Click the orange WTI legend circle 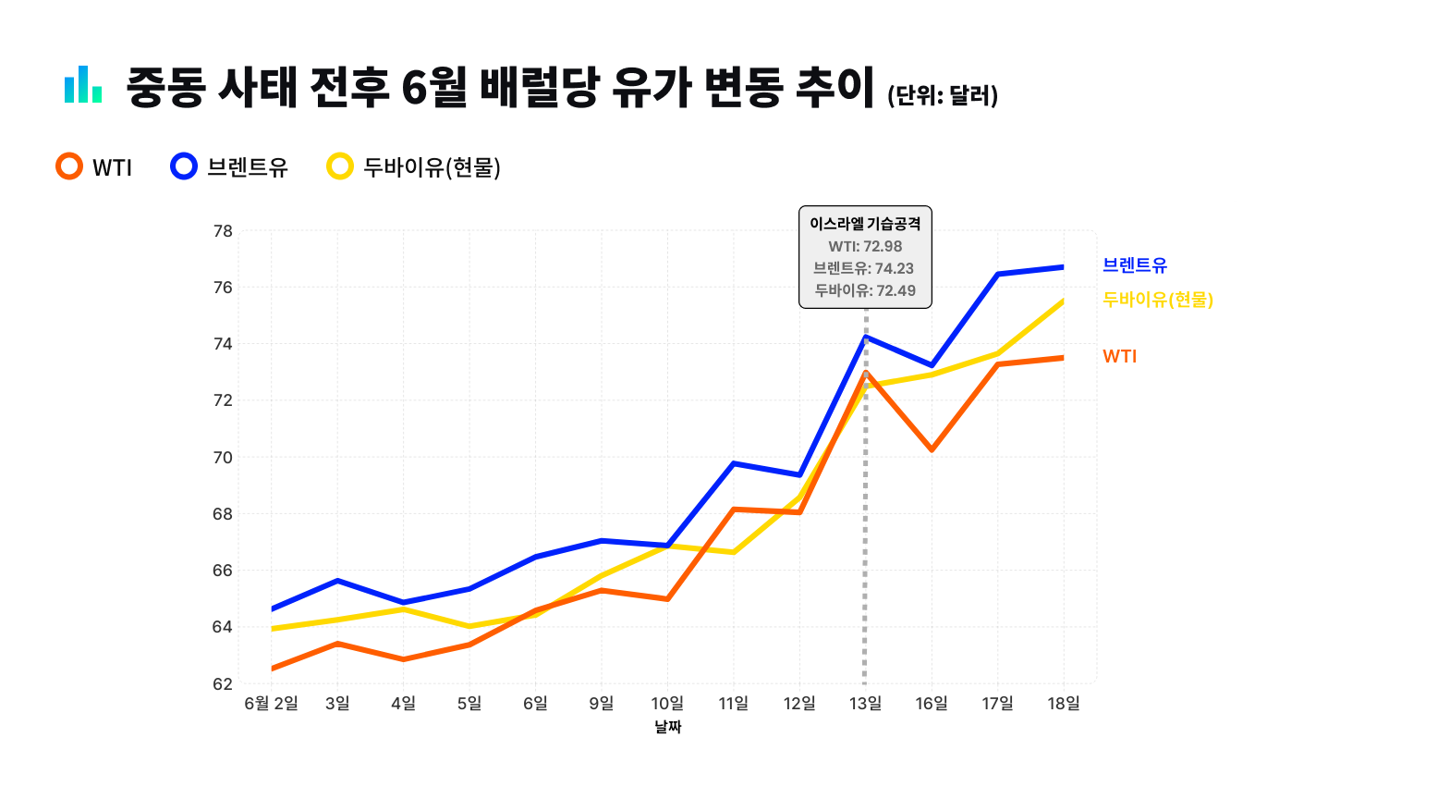pyautogui.click(x=69, y=166)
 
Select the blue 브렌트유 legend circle pyautogui.click(x=184, y=166)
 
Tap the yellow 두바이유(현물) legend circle pyautogui.click(x=340, y=166)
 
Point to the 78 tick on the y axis pyautogui.click(x=223, y=231)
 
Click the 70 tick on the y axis pyautogui.click(x=223, y=458)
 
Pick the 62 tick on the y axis pyautogui.click(x=223, y=683)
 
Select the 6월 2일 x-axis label pyautogui.click(x=271, y=704)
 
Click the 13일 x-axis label pyautogui.click(x=865, y=704)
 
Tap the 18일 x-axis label pyautogui.click(x=1064, y=704)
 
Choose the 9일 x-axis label pyautogui.click(x=602, y=704)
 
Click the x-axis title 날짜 pyautogui.click(x=668, y=727)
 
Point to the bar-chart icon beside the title pyautogui.click(x=83, y=84)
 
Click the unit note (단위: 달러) pyautogui.click(x=943, y=96)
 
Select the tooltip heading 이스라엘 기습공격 pyautogui.click(x=865, y=224)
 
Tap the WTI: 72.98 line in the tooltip pyautogui.click(x=865, y=246)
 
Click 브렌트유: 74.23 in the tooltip pyautogui.click(x=865, y=268)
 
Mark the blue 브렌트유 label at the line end pyautogui.click(x=1135, y=264)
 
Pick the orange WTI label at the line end pyautogui.click(x=1120, y=356)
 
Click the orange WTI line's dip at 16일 pyautogui.click(x=932, y=449)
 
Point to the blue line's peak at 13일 pyautogui.click(x=865, y=337)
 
